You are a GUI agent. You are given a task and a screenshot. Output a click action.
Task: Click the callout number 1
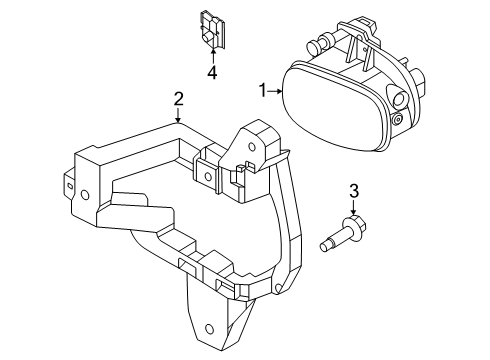click(263, 91)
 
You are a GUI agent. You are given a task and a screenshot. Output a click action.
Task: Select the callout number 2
click(178, 99)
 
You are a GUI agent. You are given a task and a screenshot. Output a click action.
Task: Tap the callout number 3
click(354, 191)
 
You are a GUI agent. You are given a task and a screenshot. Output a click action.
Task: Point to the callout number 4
click(212, 72)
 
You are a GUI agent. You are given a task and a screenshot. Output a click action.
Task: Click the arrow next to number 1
click(276, 91)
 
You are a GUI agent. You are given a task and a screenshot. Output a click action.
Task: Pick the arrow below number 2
click(178, 115)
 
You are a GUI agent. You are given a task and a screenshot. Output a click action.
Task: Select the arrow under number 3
click(353, 207)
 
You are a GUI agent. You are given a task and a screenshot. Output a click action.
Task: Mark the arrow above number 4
click(213, 56)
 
